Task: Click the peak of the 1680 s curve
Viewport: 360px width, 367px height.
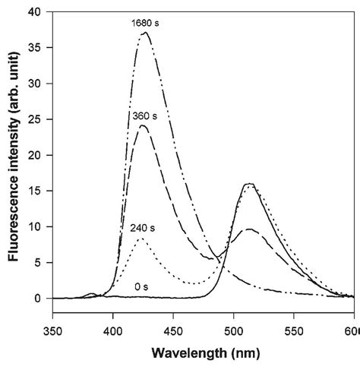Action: [x=146, y=33]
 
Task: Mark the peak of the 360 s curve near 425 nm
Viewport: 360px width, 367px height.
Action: [x=143, y=126]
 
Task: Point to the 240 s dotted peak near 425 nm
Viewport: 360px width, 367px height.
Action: [x=141, y=239]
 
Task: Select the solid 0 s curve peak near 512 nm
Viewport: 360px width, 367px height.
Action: [x=248, y=184]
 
